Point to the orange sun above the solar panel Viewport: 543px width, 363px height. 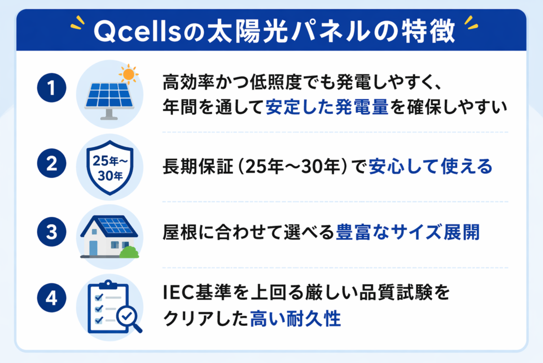(127, 74)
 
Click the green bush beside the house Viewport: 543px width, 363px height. (129, 251)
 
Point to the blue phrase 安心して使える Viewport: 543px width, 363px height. (430, 166)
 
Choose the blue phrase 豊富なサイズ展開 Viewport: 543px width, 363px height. (408, 233)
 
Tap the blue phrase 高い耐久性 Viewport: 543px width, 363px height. (295, 319)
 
